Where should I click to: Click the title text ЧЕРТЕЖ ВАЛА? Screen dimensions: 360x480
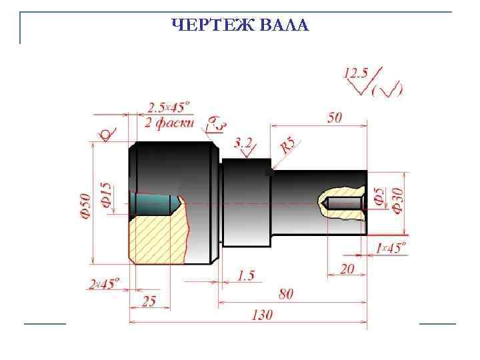tap(240, 26)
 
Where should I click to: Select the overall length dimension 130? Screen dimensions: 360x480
tap(262, 315)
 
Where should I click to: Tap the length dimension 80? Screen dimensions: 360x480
tap(285, 294)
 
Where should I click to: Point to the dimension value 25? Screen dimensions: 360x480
tap(149, 301)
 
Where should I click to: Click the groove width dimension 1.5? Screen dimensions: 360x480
tap(245, 275)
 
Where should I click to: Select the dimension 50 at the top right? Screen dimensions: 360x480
tap(335, 117)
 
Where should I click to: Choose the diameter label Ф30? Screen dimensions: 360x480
tap(398, 200)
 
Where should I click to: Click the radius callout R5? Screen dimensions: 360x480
tap(287, 145)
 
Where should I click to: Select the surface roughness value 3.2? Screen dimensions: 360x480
tap(243, 142)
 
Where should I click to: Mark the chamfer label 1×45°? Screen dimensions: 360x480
tap(390, 248)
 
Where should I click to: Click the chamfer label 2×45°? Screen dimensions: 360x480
tap(104, 284)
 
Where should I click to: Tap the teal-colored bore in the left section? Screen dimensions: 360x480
tap(155, 204)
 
